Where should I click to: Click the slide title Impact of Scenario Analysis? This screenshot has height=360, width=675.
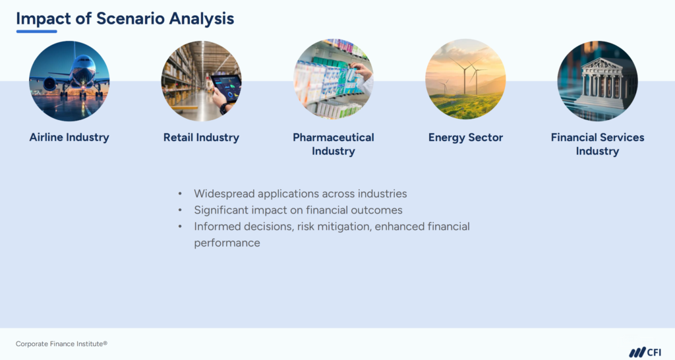pos(125,18)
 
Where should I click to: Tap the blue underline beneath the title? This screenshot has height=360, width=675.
pos(36,31)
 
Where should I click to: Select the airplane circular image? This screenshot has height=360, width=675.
pos(69,80)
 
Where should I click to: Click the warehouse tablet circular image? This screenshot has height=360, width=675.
pos(201,80)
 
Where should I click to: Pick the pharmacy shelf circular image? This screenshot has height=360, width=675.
pos(333,80)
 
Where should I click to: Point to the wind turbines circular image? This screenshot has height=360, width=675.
pos(465,80)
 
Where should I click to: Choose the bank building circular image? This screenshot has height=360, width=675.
pos(597,80)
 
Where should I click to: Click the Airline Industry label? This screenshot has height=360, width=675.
pos(69,138)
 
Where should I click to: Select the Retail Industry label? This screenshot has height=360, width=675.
pos(201,138)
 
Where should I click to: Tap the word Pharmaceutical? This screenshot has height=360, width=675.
pos(333,138)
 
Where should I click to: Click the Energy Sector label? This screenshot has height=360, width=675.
pos(465,138)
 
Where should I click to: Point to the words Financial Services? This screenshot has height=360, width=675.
pos(597,138)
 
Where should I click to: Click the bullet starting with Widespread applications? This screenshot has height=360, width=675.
pos(300,194)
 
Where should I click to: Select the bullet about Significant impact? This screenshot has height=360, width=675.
pos(298,210)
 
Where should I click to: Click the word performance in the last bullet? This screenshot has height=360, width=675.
pos(227,243)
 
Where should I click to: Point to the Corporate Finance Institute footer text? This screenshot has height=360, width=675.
pos(61,344)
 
